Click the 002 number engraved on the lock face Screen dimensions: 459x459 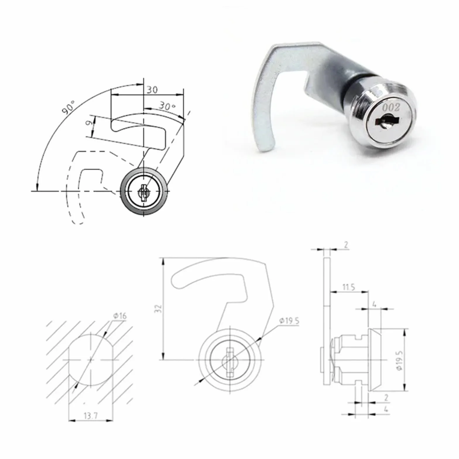(391, 107)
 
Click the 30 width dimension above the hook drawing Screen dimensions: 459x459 (152, 90)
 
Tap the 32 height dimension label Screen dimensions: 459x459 (158, 308)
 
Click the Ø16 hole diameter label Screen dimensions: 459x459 (120, 316)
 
